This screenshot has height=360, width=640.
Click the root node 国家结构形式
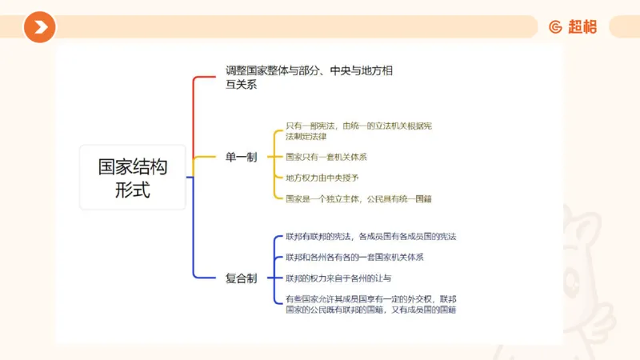pyautogui.click(x=132, y=178)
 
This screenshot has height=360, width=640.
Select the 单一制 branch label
pyautogui.click(x=241, y=158)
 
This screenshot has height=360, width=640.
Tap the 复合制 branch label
pyautogui.click(x=241, y=278)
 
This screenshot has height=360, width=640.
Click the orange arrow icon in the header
pyautogui.click(x=39, y=27)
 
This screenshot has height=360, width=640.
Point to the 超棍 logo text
pyautogui.click(x=583, y=26)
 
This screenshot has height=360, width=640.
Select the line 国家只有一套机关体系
pyautogui.click(x=326, y=157)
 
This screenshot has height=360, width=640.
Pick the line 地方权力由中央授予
pyautogui.click(x=322, y=178)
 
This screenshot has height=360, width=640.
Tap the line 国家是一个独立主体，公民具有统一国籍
pyautogui.click(x=358, y=198)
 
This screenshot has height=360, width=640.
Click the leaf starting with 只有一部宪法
pyautogui.click(x=358, y=131)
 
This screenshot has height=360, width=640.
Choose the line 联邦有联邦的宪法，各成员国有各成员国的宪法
pyautogui.click(x=370, y=237)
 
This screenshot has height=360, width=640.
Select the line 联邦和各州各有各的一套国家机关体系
pyautogui.click(x=354, y=258)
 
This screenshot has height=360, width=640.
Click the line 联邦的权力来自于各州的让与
pyautogui.click(x=338, y=278)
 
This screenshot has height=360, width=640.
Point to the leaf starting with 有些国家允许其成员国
pyautogui.click(x=370, y=304)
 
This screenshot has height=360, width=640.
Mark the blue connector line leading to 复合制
pyautogui.click(x=194, y=240)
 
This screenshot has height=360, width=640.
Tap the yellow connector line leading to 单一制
pyautogui.click(x=206, y=158)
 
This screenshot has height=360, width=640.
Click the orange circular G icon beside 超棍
pyautogui.click(x=555, y=26)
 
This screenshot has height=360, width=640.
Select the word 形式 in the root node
pyautogui.click(x=132, y=191)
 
